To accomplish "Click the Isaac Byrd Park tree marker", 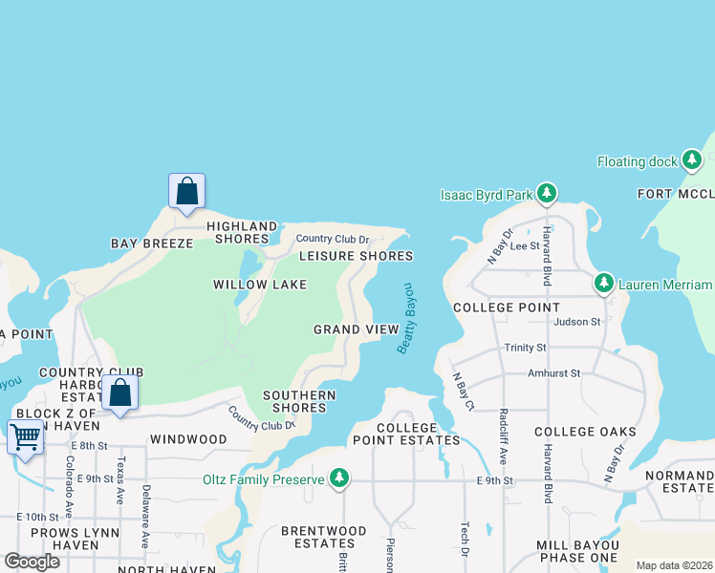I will coord(546,195).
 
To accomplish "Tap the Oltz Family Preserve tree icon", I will coord(338,477).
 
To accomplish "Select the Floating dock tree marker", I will coord(691,161).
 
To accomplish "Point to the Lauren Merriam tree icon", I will coord(603,284).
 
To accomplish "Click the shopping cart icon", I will coord(25,437).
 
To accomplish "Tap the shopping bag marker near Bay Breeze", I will coord(186,191).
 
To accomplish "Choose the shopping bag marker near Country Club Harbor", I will coord(120,393).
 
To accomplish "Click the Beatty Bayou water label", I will coord(405,319).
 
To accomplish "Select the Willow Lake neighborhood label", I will coord(260,285).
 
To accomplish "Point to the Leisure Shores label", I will coord(356,256).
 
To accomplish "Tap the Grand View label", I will coord(357,329).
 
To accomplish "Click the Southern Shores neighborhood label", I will coord(299,401).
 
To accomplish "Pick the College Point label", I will coord(506,308).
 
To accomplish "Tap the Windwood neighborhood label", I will coord(188,439).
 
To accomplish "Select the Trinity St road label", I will coord(525,348).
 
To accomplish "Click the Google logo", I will coord(32,561).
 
